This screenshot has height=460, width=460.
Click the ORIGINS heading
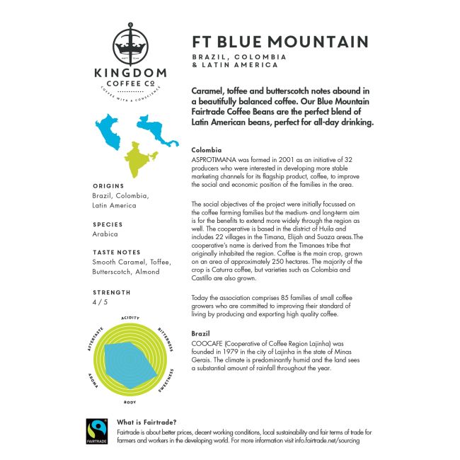[108, 185]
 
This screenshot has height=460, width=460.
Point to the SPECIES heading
[108, 224]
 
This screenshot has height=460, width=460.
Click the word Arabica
[105, 234]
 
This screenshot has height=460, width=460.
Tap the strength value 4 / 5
[100, 301]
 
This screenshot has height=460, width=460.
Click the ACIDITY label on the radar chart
[130, 318]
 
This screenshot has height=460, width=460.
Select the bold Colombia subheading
[207, 151]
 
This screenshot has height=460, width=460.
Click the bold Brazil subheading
[202, 333]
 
